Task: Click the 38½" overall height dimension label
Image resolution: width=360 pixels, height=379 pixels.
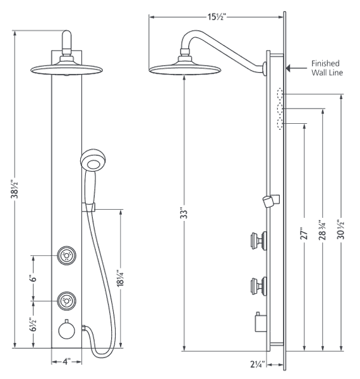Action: [15, 189]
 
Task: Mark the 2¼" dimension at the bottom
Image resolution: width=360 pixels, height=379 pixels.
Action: [256, 364]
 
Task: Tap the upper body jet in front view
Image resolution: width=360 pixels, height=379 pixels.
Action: [66, 256]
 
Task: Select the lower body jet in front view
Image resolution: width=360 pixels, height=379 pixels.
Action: [66, 300]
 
